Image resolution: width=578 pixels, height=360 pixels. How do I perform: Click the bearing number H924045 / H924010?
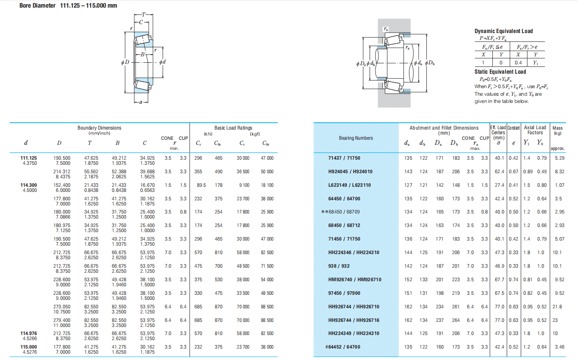350,172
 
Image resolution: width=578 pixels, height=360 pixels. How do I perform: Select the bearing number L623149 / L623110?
349,185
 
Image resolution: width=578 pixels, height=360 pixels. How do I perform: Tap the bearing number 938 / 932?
339,266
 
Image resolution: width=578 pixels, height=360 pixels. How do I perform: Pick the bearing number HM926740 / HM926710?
355,280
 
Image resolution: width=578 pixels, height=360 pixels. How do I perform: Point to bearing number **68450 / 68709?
340,212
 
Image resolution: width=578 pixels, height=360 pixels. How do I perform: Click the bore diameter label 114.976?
29,333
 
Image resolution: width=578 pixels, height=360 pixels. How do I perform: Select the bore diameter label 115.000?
29,347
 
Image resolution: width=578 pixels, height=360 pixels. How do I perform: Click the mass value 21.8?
557,307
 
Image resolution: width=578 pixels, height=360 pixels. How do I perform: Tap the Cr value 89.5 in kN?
201,185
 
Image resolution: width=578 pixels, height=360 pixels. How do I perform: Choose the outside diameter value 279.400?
62,320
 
